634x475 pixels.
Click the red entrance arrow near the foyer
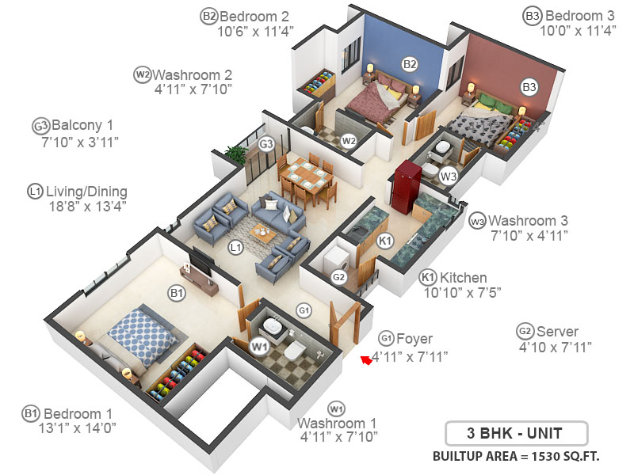[x=365, y=360]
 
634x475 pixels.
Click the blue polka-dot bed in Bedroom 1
[x=138, y=336]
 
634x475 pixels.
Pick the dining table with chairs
[x=304, y=179]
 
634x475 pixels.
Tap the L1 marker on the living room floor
[x=235, y=248]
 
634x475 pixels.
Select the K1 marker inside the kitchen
[x=385, y=241]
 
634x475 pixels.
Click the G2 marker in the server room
[x=338, y=277]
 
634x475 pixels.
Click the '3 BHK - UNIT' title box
[x=516, y=434]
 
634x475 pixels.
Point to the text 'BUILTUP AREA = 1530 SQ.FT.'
[x=516, y=457]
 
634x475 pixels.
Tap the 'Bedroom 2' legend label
[x=254, y=16]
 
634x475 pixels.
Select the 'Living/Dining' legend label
[x=86, y=191]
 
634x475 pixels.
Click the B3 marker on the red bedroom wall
[x=529, y=86]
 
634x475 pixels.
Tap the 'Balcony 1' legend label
[x=83, y=125]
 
